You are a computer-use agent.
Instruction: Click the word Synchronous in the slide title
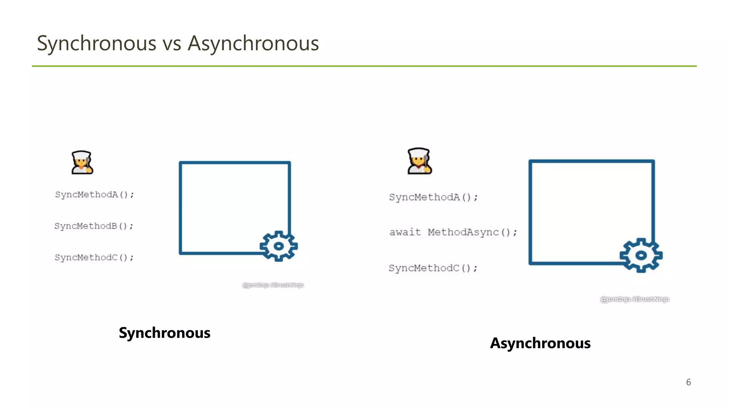pyautogui.click(x=96, y=43)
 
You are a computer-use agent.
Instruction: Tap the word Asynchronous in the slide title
pyautogui.click(x=253, y=43)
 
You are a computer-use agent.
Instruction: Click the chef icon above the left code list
pyautogui.click(x=82, y=163)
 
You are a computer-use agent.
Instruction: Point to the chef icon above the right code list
pyautogui.click(x=419, y=161)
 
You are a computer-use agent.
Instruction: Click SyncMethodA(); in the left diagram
pyautogui.click(x=94, y=195)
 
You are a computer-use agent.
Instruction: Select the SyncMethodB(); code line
pyautogui.click(x=94, y=226)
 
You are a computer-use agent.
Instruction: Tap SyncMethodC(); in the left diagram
pyautogui.click(x=94, y=257)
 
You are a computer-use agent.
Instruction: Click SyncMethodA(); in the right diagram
pyautogui.click(x=433, y=197)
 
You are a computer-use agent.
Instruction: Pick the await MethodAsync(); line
pyautogui.click(x=453, y=232)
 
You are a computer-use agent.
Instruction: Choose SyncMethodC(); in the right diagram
pyautogui.click(x=433, y=268)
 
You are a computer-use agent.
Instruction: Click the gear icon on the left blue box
pyautogui.click(x=278, y=246)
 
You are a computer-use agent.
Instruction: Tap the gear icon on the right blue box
pyautogui.click(x=641, y=255)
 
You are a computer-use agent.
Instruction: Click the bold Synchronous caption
pyautogui.click(x=164, y=333)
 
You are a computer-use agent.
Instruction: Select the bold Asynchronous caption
pyautogui.click(x=540, y=343)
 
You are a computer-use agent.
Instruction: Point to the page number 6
pyautogui.click(x=688, y=382)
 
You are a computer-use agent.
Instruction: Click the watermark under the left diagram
pyautogui.click(x=273, y=285)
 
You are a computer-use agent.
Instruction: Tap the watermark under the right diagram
pyautogui.click(x=634, y=299)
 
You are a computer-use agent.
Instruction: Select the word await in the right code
pyautogui.click(x=405, y=232)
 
